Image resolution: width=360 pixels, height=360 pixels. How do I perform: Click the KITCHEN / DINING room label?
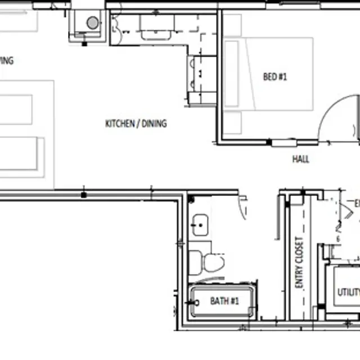click(136, 124)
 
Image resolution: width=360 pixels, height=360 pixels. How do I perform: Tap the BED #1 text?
click(275, 77)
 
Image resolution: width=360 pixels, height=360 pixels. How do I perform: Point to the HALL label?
click(300, 159)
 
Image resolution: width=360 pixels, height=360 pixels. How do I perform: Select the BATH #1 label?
click(224, 301)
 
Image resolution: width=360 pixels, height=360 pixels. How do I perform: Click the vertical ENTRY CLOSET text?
click(299, 263)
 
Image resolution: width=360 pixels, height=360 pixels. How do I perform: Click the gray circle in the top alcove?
click(92, 23)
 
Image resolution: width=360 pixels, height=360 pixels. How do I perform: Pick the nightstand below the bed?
click(232, 122)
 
